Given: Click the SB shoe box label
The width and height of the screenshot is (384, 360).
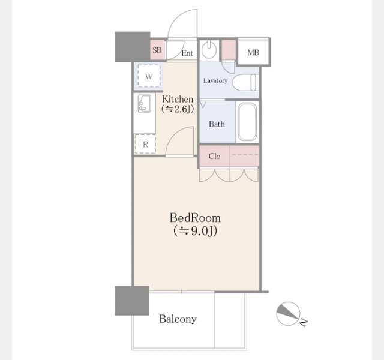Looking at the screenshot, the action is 157,50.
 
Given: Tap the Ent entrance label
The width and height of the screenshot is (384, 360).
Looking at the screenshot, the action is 187,53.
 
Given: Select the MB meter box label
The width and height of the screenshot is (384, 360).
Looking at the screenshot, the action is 253,52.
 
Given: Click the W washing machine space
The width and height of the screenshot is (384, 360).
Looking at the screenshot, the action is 149,76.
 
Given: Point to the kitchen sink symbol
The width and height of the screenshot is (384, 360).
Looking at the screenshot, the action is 145,103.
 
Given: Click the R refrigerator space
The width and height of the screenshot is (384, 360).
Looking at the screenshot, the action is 145,144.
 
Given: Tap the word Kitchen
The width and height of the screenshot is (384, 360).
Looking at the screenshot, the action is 178,99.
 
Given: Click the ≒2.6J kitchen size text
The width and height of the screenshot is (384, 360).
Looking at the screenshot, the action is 178,109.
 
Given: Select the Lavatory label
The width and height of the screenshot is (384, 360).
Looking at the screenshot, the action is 215,80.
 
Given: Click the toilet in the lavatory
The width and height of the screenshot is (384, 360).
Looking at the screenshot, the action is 245,83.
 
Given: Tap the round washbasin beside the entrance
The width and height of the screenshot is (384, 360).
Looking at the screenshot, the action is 209,50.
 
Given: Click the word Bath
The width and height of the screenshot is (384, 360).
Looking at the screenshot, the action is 217,124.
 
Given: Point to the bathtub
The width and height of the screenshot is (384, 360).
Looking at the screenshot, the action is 248,122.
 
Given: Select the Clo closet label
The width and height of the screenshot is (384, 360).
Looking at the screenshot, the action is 214,156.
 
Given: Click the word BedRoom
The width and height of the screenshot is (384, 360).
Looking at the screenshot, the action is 195,218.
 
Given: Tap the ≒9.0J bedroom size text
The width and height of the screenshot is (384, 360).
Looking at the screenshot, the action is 195,230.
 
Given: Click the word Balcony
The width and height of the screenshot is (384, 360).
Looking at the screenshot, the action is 178,319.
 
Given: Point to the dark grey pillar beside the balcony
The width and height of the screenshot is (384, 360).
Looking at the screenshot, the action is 132,301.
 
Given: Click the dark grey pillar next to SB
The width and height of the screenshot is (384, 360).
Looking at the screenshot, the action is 133,47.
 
